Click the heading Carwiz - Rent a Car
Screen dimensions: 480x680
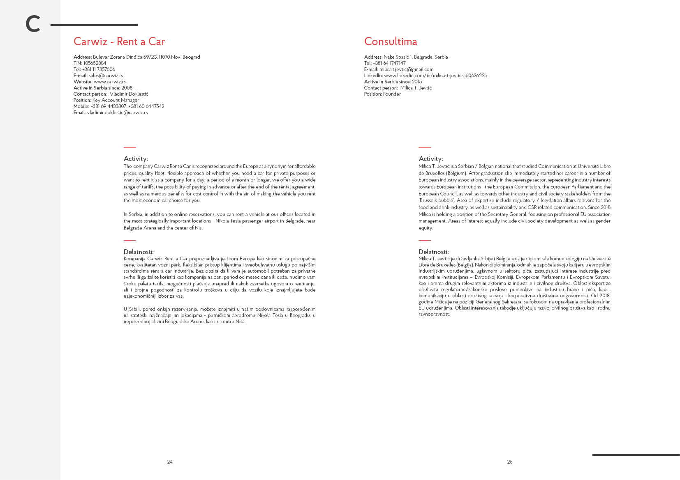(x=119, y=41)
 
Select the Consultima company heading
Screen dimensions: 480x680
(x=390, y=41)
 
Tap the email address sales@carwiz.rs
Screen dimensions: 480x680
(x=106, y=76)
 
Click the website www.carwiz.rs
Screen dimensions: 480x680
(x=109, y=82)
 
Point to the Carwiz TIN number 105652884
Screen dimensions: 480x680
(x=95, y=63)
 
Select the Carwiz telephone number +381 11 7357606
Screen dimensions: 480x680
(x=99, y=69)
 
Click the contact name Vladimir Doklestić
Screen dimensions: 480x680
(x=129, y=94)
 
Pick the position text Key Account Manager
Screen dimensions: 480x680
(x=116, y=100)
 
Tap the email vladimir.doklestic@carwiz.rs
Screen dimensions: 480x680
(x=117, y=113)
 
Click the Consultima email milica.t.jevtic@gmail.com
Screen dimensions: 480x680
(x=406, y=69)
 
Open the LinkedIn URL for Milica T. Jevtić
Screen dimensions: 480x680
(x=435, y=76)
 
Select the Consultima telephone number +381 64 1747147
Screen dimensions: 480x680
(x=389, y=63)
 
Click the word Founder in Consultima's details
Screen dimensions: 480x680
(x=392, y=94)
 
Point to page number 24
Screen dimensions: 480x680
(x=170, y=462)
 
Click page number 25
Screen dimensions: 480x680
(x=510, y=462)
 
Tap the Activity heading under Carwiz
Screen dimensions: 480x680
(x=136, y=159)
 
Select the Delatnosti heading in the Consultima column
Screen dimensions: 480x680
(x=433, y=252)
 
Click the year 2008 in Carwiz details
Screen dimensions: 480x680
(x=127, y=88)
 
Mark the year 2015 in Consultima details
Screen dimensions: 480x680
(x=417, y=82)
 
